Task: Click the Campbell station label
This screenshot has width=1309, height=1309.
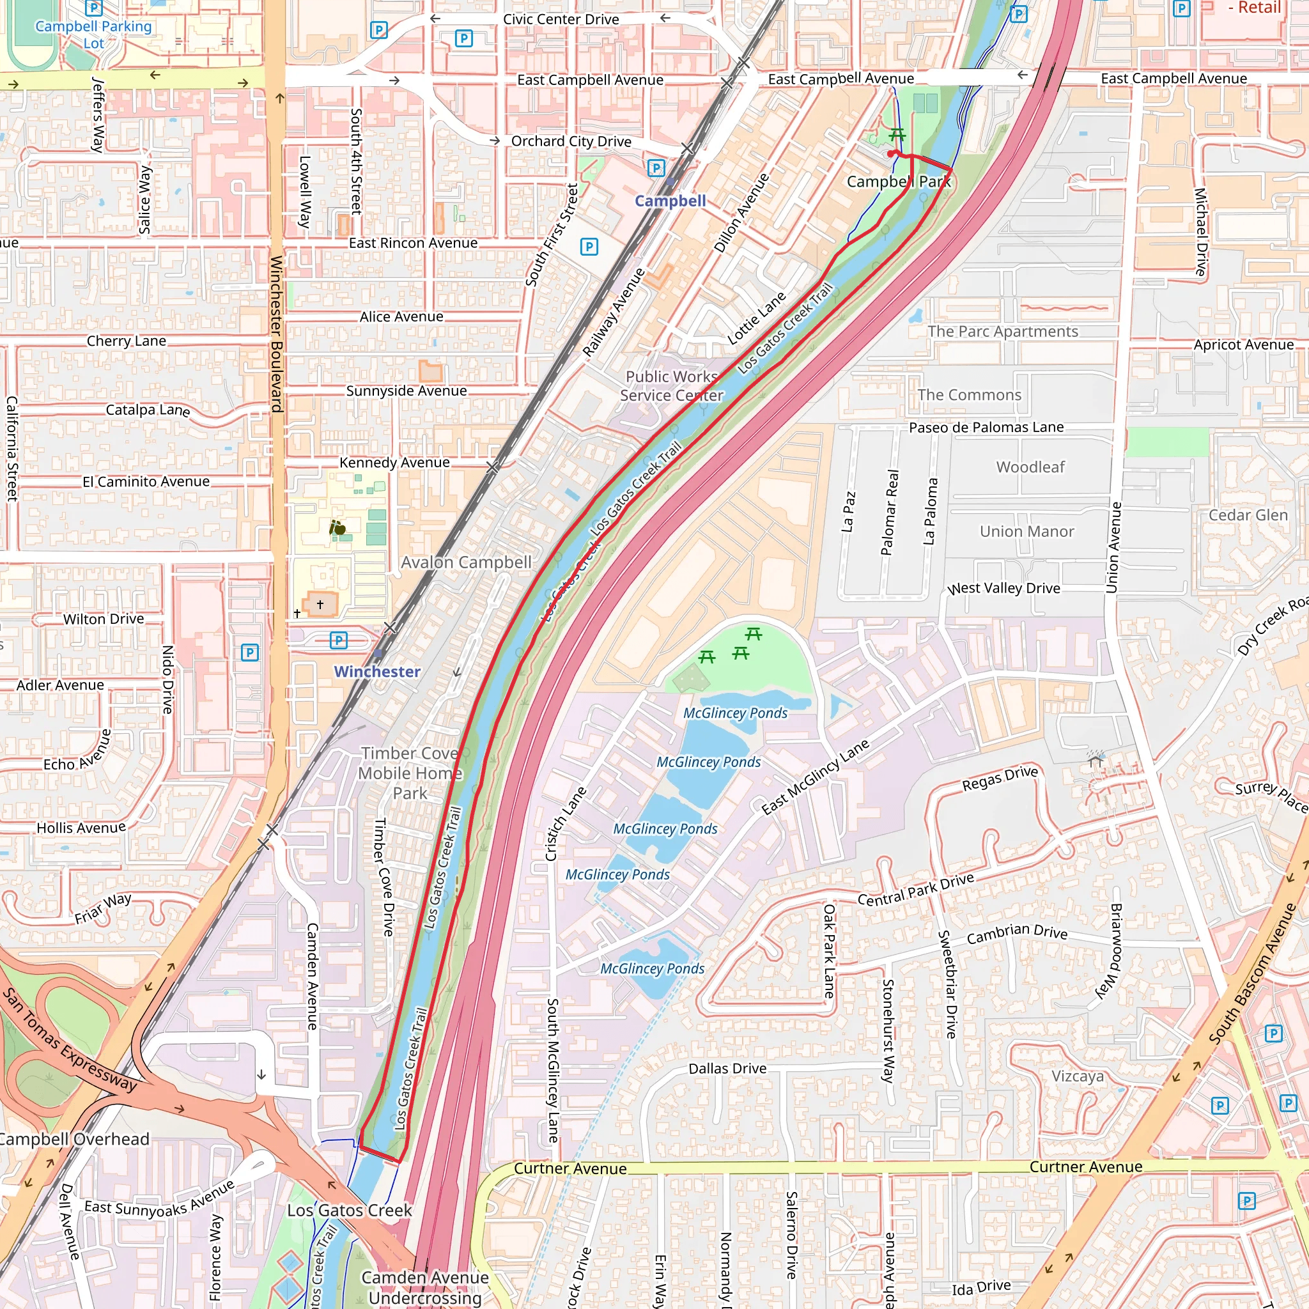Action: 670,201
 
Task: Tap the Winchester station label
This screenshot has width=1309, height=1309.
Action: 377,672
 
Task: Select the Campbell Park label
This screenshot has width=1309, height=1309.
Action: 899,182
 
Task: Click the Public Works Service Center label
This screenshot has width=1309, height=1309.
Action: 672,385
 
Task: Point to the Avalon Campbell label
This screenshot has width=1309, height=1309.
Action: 466,562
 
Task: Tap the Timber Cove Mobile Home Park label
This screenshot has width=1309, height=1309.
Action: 410,773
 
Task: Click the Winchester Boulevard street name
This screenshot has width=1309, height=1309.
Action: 276,334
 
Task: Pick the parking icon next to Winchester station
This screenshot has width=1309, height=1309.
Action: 339,640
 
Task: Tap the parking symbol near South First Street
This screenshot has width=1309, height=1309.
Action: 589,247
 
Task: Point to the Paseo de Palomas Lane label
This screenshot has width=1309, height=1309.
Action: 986,428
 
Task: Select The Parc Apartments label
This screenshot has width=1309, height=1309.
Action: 1003,331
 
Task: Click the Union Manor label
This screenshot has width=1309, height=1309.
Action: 1026,531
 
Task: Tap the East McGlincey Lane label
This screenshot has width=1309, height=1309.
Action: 815,777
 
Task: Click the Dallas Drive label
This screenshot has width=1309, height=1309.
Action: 727,1069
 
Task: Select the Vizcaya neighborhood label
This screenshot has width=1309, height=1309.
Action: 1077,1076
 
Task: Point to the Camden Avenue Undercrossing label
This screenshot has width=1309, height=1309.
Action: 425,1287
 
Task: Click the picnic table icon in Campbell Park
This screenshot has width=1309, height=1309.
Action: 897,134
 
